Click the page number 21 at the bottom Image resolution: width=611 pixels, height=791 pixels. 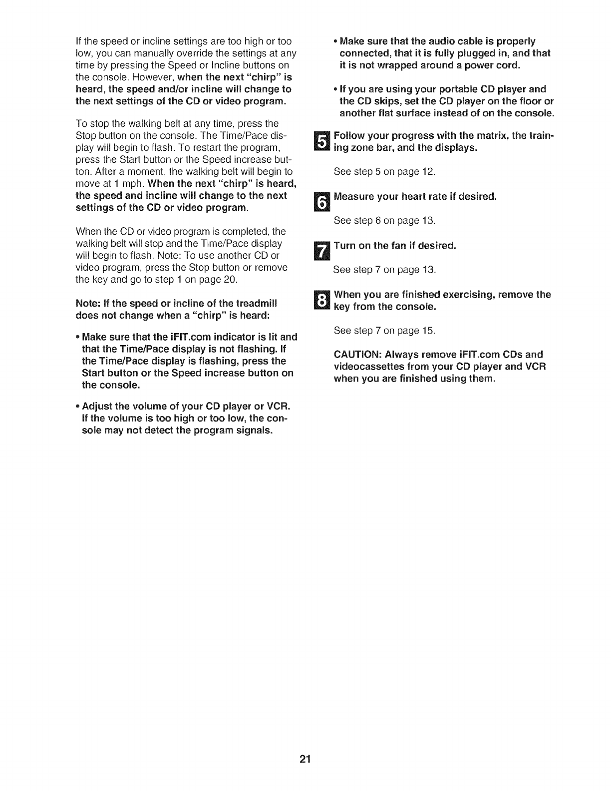tap(305, 761)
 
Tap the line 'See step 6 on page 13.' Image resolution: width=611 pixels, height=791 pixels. tap(384, 220)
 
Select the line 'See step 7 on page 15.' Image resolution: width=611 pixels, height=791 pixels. tap(384, 331)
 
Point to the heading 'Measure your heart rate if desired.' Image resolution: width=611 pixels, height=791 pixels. tap(415, 196)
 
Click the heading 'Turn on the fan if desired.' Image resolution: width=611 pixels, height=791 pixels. tap(395, 246)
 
